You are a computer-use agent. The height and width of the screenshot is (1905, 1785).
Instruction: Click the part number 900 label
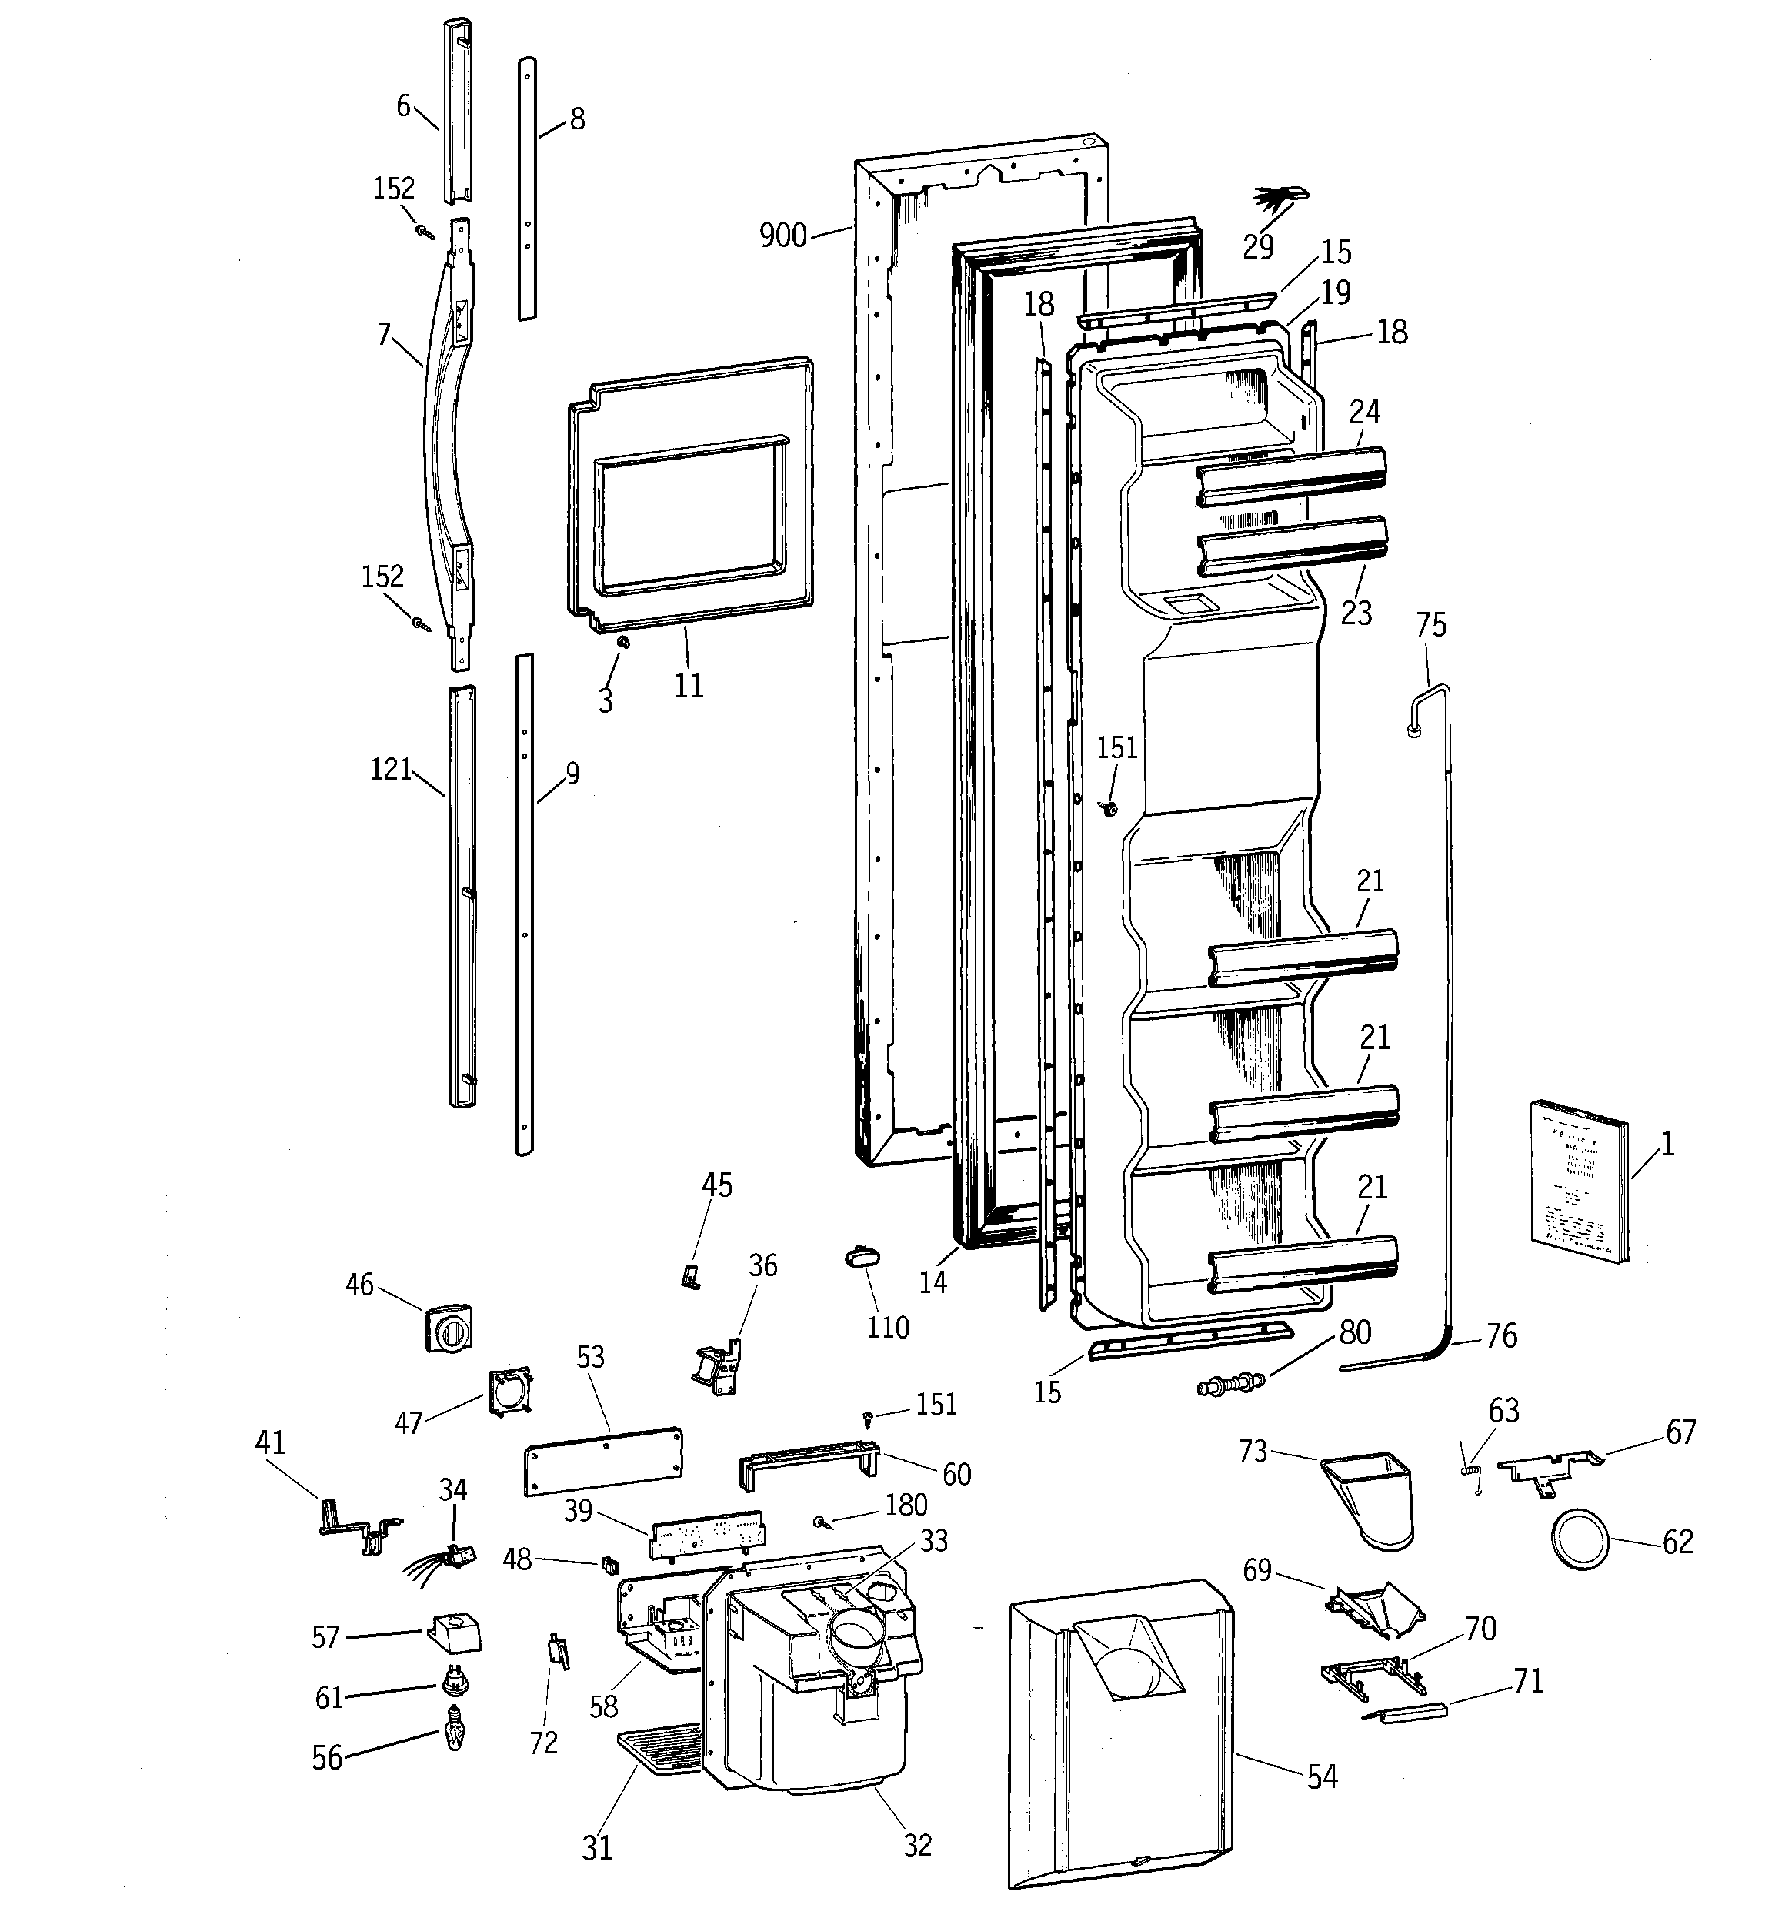[x=782, y=236]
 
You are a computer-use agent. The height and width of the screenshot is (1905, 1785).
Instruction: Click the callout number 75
[x=1430, y=625]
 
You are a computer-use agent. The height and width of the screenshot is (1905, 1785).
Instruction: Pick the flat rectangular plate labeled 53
[x=604, y=1459]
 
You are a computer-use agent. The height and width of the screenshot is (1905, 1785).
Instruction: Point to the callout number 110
[x=887, y=1327]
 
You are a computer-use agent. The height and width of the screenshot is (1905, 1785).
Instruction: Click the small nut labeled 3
[x=621, y=641]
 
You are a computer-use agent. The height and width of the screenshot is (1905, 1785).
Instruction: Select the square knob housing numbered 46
[x=449, y=1326]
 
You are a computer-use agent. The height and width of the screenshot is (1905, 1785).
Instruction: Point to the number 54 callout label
[x=1323, y=1776]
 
